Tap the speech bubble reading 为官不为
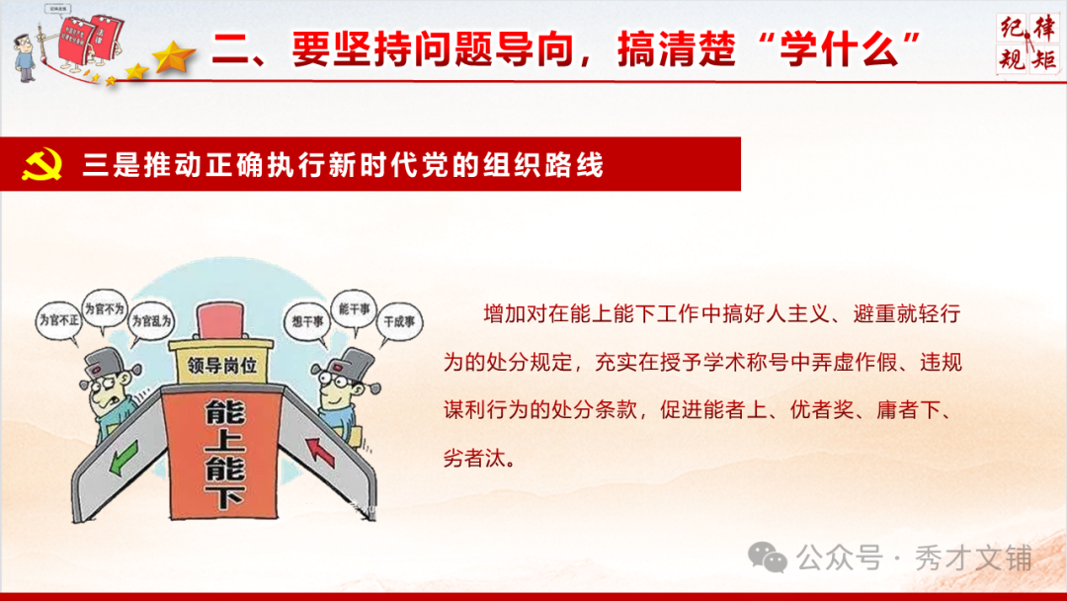tap(105, 308)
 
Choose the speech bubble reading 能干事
tap(353, 308)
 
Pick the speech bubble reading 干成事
tap(399, 321)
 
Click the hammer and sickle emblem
tap(41, 164)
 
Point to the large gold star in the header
tap(176, 57)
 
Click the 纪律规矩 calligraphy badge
tap(1027, 43)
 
